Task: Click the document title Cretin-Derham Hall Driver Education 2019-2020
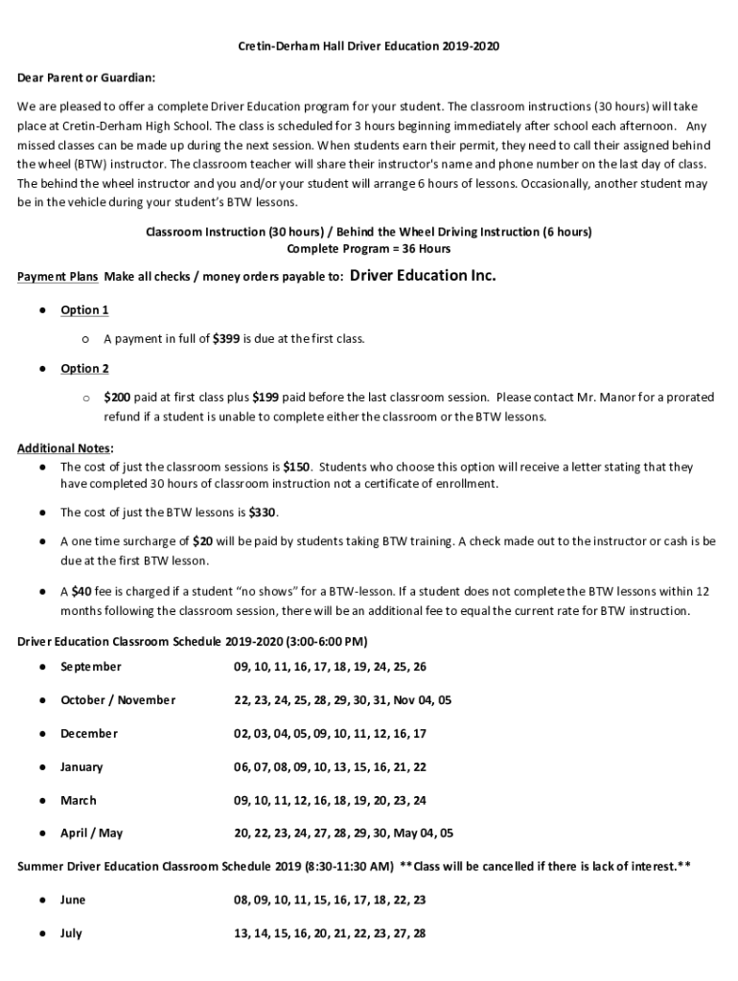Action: click(x=369, y=46)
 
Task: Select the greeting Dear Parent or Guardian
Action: click(x=86, y=77)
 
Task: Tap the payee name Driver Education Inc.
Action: click(x=424, y=277)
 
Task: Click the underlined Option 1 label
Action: click(x=84, y=309)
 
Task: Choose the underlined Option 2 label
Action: click(x=84, y=368)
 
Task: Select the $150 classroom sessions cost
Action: click(x=296, y=467)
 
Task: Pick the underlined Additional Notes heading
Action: click(x=64, y=447)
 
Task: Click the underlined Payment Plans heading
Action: click(x=58, y=278)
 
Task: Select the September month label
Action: click(x=91, y=666)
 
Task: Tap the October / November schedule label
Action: click(x=118, y=699)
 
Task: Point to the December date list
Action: click(x=330, y=733)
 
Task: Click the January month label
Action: click(x=81, y=766)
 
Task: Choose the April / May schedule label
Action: click(x=91, y=833)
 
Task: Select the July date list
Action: click(x=330, y=933)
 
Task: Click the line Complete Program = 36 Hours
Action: click(x=369, y=248)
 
